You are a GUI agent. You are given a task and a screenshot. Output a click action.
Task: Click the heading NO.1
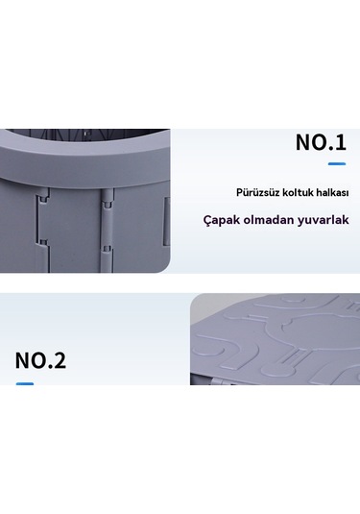coord(321,142)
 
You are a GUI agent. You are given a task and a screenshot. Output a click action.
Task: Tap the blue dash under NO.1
coord(337,163)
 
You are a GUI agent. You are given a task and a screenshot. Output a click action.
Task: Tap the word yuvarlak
coord(323,220)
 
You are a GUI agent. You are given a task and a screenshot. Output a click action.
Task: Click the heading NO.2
coord(40,360)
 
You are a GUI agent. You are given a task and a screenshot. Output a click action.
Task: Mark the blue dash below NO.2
coord(25,383)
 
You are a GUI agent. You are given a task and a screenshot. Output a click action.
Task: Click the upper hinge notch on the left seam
coord(44,200)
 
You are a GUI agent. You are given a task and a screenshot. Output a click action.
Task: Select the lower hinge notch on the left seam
coord(44,244)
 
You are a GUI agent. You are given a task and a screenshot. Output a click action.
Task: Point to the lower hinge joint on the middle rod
coord(107,249)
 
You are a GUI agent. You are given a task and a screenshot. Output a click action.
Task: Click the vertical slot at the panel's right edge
coord(167,221)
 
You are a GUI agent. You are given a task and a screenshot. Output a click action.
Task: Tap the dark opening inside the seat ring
coord(88,135)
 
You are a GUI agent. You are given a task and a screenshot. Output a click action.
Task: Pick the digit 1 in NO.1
coord(341,142)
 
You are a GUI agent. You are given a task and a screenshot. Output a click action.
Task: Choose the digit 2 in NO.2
coord(59,360)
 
